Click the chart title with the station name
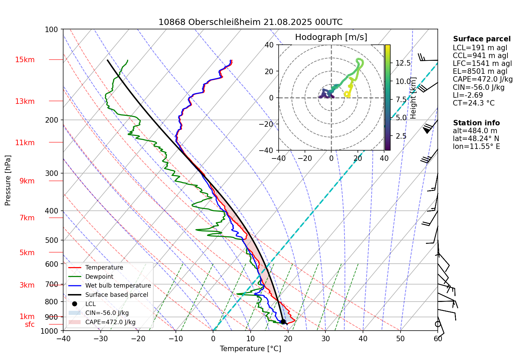pos(250,22)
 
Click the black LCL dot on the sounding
pos(283,322)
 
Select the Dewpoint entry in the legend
pos(99,277)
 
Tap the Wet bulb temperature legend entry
pos(118,286)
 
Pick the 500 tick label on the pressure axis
pos(52,240)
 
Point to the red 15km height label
pos(25,60)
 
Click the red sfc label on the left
pos(30,324)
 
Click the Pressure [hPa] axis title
pos(8,180)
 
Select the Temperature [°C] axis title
pos(250,349)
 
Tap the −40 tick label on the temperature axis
pos(63,339)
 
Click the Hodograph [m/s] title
pos(331,37)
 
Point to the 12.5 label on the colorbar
pos(403,63)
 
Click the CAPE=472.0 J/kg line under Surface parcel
pos(482,79)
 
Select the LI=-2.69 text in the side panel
pos(468,95)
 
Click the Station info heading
pos(476,123)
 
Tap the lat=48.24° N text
pos(476,139)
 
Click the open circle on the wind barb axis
pos(438,324)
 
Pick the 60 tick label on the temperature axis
pos(438,339)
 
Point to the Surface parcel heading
pos(482,39)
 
